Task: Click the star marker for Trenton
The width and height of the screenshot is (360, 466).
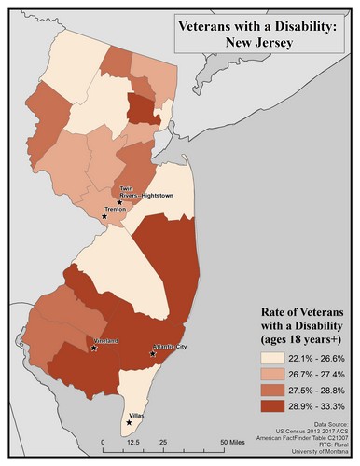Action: [x=104, y=216]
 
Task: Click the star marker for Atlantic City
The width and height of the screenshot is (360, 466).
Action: [x=153, y=353]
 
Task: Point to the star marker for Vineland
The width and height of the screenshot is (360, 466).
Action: [x=93, y=349]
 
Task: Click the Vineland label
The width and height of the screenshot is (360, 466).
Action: [x=105, y=342]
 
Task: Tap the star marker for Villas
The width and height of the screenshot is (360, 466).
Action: [x=129, y=422]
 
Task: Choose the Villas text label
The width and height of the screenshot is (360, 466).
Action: [x=139, y=417]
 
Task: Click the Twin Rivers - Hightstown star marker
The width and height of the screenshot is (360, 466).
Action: [x=119, y=202]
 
